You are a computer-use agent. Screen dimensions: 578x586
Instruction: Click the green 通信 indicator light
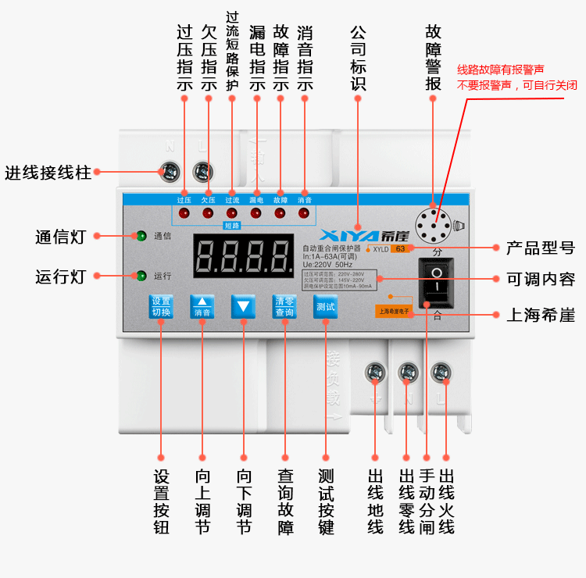[141, 235]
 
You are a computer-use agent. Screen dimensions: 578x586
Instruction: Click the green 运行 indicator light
[141, 276]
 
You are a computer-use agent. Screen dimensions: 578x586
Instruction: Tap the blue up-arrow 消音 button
[202, 306]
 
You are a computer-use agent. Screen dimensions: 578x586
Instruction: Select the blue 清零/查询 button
[284, 306]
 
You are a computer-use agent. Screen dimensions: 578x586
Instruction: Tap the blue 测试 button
[325, 306]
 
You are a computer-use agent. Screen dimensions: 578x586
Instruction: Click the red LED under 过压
[184, 212]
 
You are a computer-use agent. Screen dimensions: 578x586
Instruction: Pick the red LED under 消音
[303, 212]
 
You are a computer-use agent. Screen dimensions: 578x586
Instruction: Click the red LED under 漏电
[256, 212]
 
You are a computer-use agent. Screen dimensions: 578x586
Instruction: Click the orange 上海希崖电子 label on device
[393, 310]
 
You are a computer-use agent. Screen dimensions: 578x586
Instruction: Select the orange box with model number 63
[399, 249]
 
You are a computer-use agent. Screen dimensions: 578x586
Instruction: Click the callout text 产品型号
[540, 248]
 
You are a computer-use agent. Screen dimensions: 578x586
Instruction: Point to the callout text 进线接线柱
[48, 173]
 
